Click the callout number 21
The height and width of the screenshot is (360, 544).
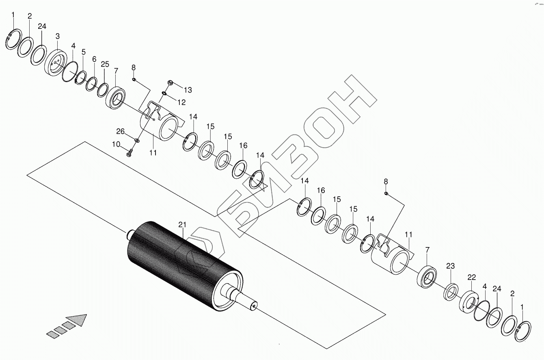click(x=182, y=225)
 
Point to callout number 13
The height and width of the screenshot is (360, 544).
click(x=188, y=90)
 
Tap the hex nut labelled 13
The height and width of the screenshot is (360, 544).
click(x=170, y=82)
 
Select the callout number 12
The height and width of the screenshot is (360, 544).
click(x=181, y=102)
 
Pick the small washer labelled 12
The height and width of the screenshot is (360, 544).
click(x=164, y=93)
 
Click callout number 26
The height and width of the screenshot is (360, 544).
click(x=121, y=132)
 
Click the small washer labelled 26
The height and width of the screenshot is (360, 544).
click(x=137, y=140)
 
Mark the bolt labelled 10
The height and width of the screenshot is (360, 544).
click(x=129, y=153)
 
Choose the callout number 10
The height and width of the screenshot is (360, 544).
click(x=116, y=144)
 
